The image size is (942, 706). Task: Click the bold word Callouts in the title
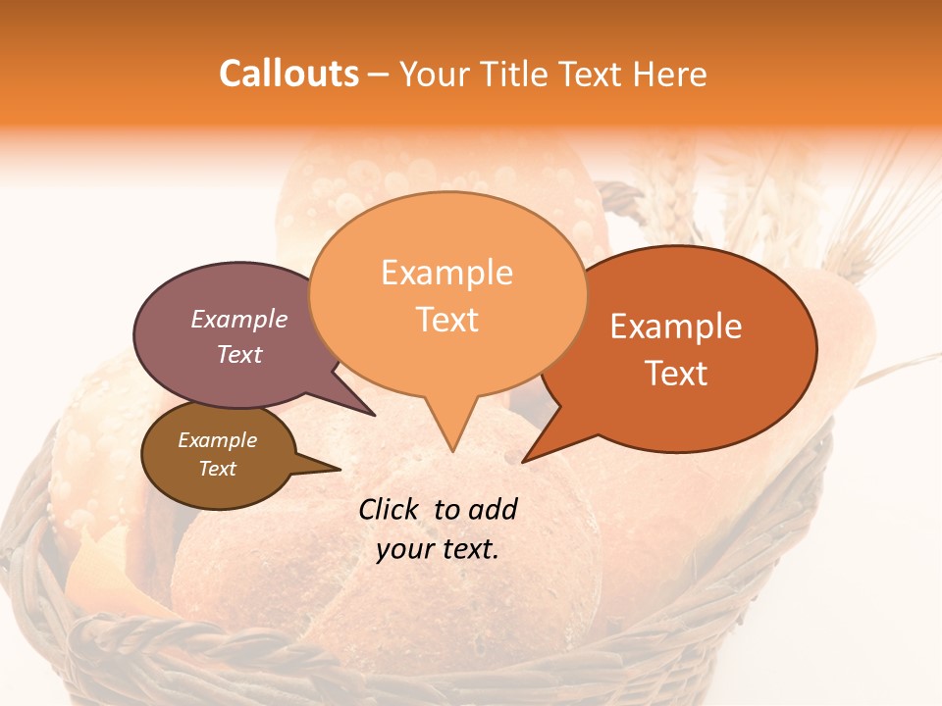pyautogui.click(x=288, y=74)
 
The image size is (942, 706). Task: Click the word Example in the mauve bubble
pyautogui.click(x=238, y=320)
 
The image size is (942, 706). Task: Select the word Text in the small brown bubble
pyautogui.click(x=217, y=469)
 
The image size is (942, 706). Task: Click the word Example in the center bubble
pyautogui.click(x=446, y=273)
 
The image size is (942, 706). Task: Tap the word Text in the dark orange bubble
pyautogui.click(x=677, y=374)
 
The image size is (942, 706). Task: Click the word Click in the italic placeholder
pyautogui.click(x=390, y=509)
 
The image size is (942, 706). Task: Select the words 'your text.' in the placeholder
pyautogui.click(x=438, y=550)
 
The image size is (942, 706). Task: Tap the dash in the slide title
pyautogui.click(x=379, y=75)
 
